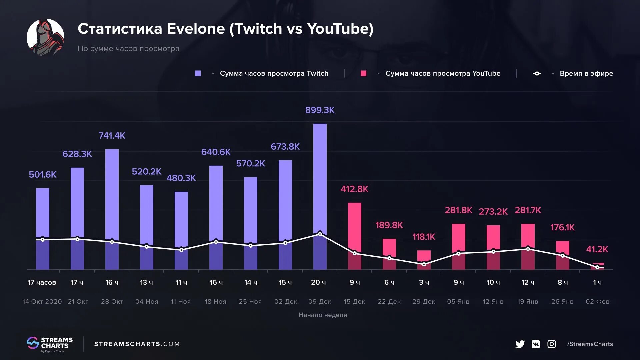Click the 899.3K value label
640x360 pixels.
[x=320, y=110]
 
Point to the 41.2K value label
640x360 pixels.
[x=597, y=249]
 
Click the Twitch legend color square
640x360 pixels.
[x=198, y=73]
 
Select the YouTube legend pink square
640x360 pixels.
[x=363, y=73]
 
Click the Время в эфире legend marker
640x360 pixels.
[x=537, y=73]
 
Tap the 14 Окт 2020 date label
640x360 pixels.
[x=42, y=301]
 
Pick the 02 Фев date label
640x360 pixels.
[x=597, y=301]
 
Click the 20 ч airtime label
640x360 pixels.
[x=318, y=282]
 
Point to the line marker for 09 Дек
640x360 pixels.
[x=320, y=234]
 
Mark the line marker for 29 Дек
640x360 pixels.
[x=424, y=264]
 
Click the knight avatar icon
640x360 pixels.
[x=46, y=37]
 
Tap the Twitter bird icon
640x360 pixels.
[x=520, y=344]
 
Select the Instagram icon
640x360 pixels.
[x=552, y=344]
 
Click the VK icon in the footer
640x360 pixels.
[x=536, y=344]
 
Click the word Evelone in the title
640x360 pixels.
[x=196, y=29]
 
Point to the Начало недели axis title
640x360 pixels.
[x=323, y=315]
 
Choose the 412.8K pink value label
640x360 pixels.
[x=354, y=189]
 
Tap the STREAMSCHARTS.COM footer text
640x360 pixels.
[x=137, y=344]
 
